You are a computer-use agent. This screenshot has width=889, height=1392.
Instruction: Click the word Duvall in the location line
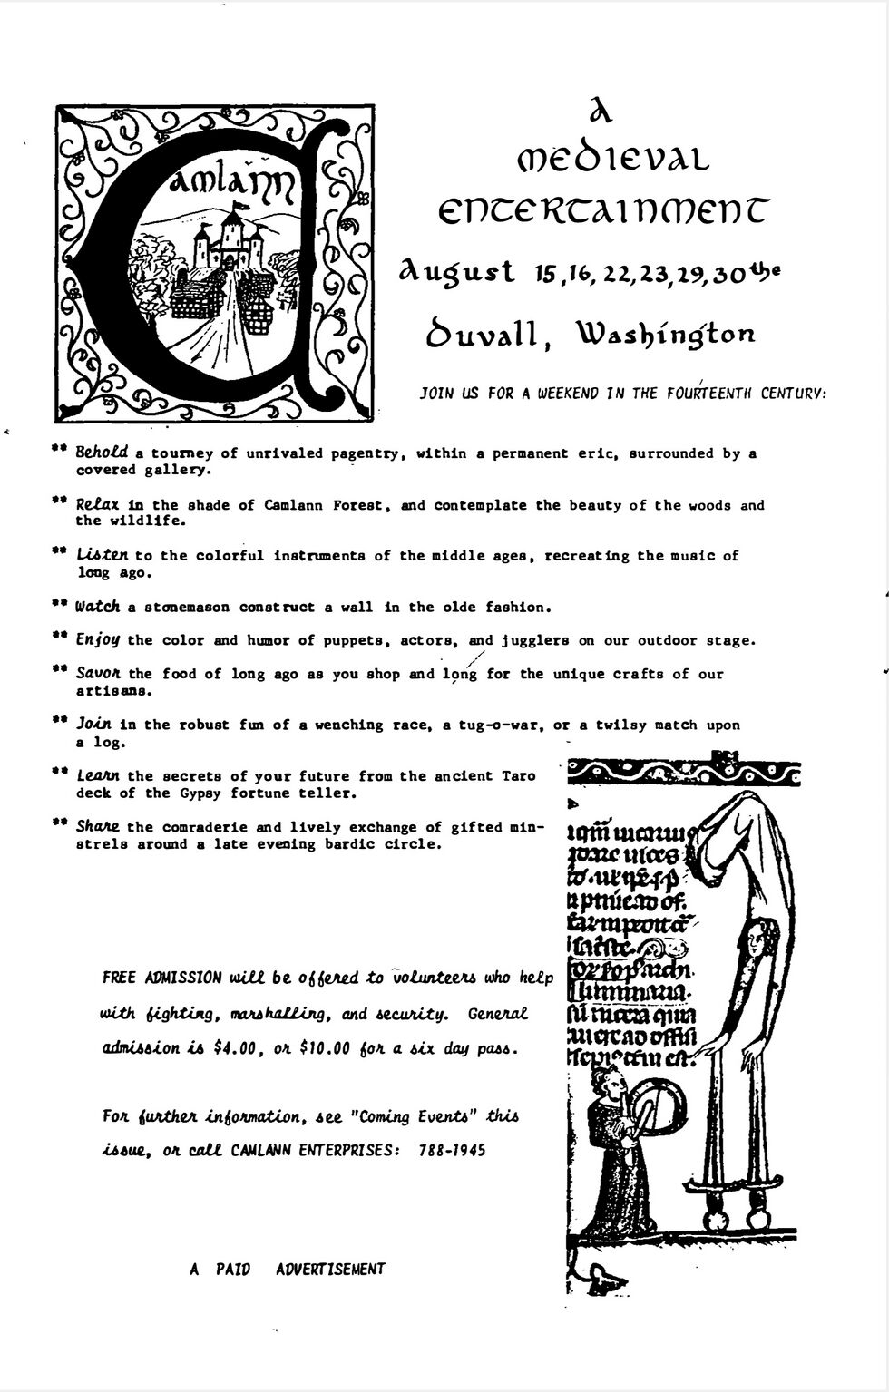[485, 335]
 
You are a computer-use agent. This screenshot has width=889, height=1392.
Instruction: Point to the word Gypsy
[198, 793]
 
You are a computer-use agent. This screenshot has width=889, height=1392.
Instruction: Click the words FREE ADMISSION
[161, 978]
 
